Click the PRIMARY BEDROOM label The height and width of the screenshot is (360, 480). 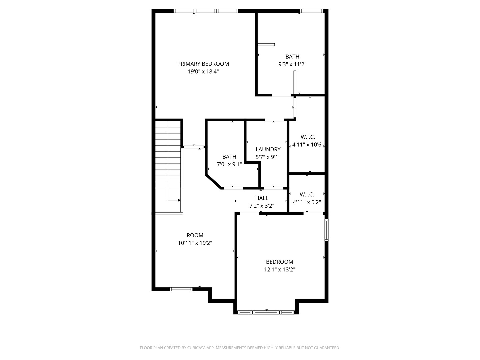point(203,64)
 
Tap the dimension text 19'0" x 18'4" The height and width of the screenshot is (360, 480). point(203,72)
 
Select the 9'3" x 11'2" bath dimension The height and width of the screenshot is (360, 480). point(292,65)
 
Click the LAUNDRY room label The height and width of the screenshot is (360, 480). point(268,149)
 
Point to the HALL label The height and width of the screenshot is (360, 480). point(262,198)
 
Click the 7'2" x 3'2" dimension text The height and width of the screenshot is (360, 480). point(262,206)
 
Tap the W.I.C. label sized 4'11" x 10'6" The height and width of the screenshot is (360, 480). point(308,137)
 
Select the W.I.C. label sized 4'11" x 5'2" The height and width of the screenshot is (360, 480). point(307,194)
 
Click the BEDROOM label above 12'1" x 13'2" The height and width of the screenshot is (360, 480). point(279,262)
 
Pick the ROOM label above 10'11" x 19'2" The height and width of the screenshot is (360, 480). point(195,235)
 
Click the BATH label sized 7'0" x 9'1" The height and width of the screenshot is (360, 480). point(229,157)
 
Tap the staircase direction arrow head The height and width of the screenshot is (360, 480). point(179,200)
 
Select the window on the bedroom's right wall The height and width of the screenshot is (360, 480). point(327,230)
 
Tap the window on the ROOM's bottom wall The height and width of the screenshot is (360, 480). point(181,289)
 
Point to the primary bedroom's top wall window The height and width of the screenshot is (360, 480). point(206,11)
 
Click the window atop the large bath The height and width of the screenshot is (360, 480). point(311,11)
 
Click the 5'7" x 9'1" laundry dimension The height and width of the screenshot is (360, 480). point(268,157)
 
